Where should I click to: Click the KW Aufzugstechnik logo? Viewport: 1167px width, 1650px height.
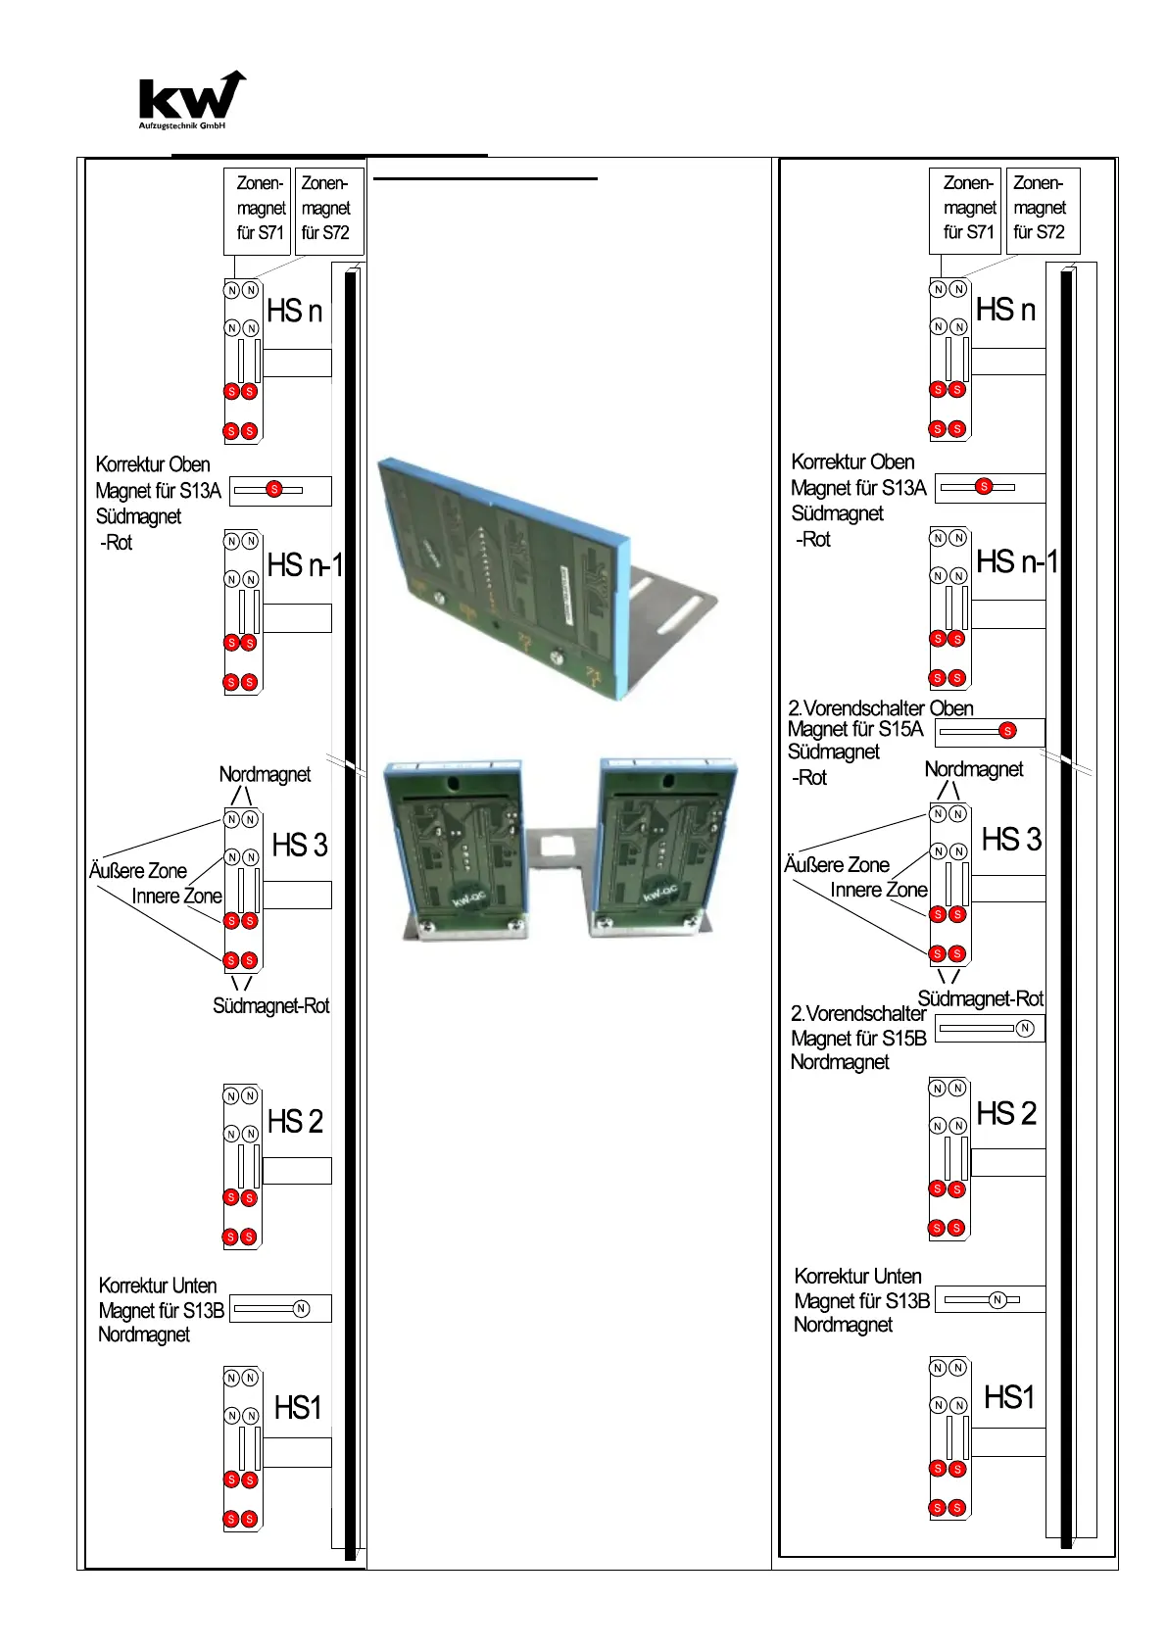point(191,100)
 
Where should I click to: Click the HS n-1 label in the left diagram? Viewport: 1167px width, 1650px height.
point(305,565)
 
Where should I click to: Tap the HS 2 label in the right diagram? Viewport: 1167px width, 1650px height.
point(1006,1113)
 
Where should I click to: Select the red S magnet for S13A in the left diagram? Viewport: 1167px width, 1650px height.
point(274,489)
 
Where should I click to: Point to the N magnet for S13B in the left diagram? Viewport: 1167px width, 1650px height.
point(301,1308)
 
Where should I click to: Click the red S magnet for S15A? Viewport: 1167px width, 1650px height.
point(1007,730)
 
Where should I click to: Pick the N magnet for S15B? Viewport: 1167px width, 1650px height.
point(1024,1028)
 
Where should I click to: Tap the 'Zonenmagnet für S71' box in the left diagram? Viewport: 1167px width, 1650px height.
point(260,209)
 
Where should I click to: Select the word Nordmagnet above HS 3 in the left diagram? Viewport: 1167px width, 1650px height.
point(265,774)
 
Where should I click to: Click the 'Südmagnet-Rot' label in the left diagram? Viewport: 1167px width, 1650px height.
point(271,1006)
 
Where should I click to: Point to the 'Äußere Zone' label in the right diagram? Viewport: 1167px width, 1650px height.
point(836,865)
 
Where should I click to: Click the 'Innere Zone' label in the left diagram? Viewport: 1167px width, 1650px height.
point(176,897)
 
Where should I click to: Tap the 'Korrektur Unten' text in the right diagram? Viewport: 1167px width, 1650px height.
point(857,1276)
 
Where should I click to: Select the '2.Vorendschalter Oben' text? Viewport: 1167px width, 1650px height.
point(880,707)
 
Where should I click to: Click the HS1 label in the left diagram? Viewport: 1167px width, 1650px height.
point(298,1408)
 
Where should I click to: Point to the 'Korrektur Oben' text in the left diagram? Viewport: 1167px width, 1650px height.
point(152,464)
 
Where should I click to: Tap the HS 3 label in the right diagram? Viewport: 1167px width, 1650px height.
point(1011,840)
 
